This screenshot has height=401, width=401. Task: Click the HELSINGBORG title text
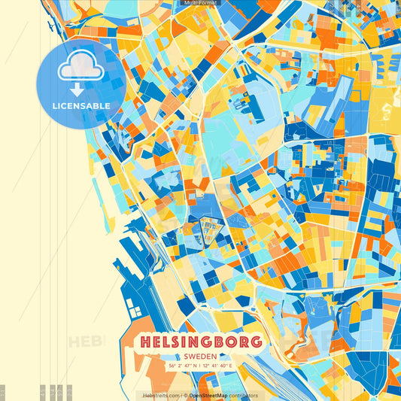coord(200,341)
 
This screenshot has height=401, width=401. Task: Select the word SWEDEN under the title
coord(200,355)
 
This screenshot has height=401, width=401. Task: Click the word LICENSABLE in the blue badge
coord(81,106)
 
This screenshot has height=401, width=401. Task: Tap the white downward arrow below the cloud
coord(81,89)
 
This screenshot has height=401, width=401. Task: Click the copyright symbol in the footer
coord(185,395)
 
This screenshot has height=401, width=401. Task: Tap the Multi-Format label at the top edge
coord(199,3)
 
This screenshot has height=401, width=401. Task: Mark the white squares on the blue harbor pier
coord(135,308)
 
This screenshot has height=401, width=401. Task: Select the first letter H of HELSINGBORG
coord(144,341)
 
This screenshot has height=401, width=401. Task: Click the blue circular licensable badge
coord(81,81)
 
